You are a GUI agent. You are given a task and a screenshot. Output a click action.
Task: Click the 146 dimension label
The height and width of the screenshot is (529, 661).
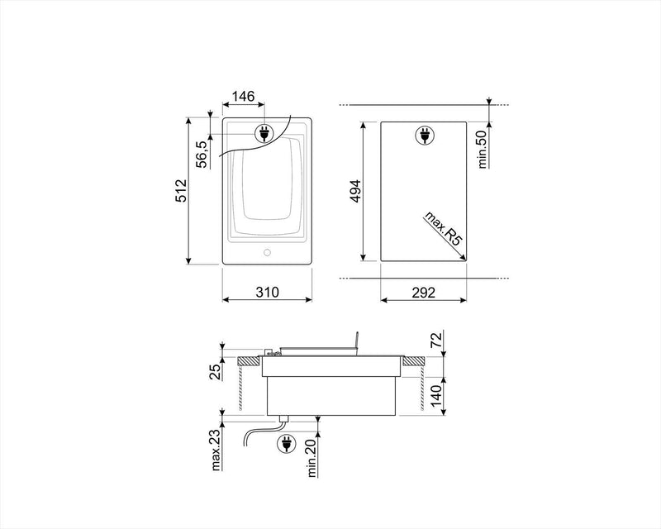point(243,97)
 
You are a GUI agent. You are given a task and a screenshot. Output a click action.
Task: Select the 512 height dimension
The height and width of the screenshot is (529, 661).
point(181,191)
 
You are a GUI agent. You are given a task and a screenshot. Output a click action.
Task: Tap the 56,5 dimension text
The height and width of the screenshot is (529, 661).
point(202,155)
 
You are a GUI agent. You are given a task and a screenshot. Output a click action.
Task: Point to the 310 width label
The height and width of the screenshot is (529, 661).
point(267,292)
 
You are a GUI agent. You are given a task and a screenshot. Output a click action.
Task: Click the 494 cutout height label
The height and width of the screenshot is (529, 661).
point(356,191)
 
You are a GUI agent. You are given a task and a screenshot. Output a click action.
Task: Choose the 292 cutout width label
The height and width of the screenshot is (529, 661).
point(423,293)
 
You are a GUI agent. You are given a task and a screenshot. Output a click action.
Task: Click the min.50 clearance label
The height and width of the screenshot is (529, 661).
point(483,149)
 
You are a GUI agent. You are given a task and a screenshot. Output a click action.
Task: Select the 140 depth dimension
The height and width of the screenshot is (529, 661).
point(436,395)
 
